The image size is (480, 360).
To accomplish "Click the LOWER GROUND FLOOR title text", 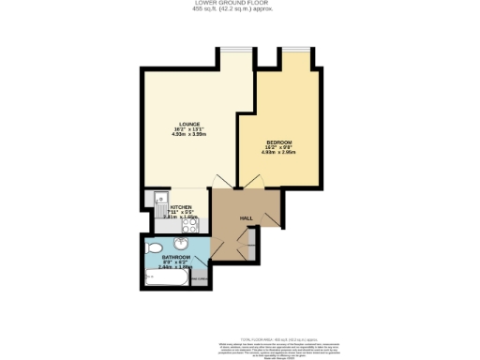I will [x=239, y=4].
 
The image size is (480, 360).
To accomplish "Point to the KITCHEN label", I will [x=181, y=209].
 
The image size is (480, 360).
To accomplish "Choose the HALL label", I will [x=246, y=217].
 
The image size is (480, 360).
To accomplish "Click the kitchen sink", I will [x=159, y=202].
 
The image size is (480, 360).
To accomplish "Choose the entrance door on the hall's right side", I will [x=273, y=218].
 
